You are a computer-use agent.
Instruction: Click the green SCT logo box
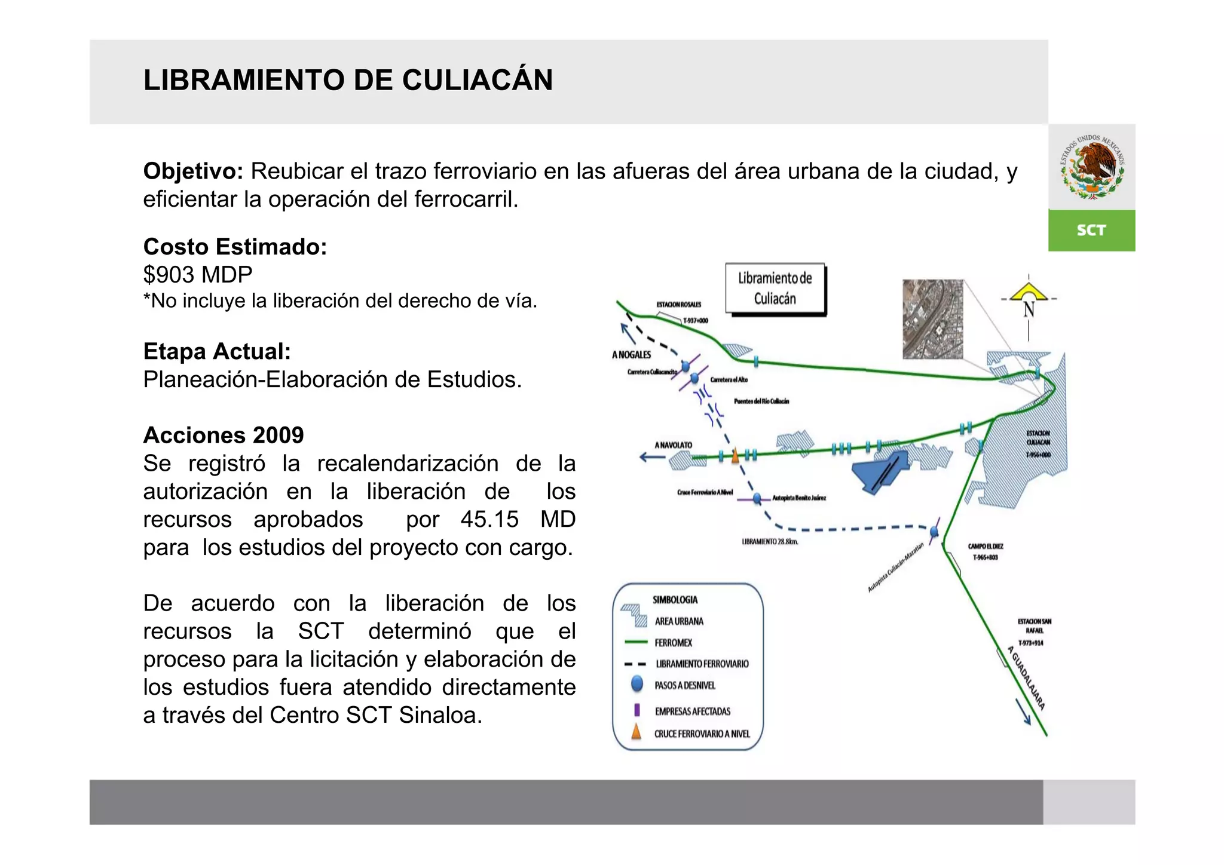coord(1091,230)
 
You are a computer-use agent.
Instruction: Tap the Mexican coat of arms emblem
coord(1092,167)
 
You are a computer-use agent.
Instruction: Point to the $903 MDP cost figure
coord(198,275)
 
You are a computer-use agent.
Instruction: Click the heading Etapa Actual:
coord(217,351)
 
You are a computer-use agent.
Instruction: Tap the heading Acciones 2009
coord(224,435)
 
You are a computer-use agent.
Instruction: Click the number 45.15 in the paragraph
coord(489,519)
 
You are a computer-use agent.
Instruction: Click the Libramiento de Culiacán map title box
coord(775,288)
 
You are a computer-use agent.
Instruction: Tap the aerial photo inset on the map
coord(932,319)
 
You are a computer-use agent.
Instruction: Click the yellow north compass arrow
coord(1029,292)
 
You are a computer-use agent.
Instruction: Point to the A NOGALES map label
coord(632,355)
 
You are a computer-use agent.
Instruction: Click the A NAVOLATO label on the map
coord(673,445)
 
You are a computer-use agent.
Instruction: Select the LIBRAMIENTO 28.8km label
coord(770,542)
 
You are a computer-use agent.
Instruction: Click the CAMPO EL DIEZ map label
coord(986,546)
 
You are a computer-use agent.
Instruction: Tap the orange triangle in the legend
coord(637,732)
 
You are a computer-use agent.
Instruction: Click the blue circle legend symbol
coord(637,684)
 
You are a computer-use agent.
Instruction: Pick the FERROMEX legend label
coord(673,643)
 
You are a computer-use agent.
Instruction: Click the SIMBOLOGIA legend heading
coord(675,600)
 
